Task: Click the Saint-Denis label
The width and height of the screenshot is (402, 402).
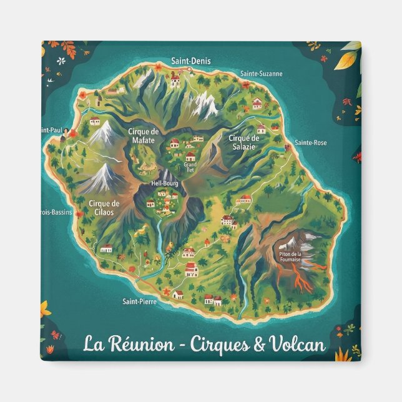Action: point(191,61)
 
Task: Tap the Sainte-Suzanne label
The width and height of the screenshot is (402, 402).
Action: point(261,74)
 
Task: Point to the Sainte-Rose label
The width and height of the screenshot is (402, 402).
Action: point(310,142)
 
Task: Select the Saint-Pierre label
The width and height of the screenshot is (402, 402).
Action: point(139,301)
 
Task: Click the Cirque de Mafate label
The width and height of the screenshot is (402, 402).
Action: point(143,135)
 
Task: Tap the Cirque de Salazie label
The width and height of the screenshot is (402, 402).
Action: point(243,142)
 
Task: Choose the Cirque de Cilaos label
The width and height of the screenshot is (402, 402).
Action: point(104,207)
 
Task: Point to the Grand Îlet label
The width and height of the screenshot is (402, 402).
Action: point(190,167)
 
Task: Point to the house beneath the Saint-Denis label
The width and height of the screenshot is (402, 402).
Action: point(175,80)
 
